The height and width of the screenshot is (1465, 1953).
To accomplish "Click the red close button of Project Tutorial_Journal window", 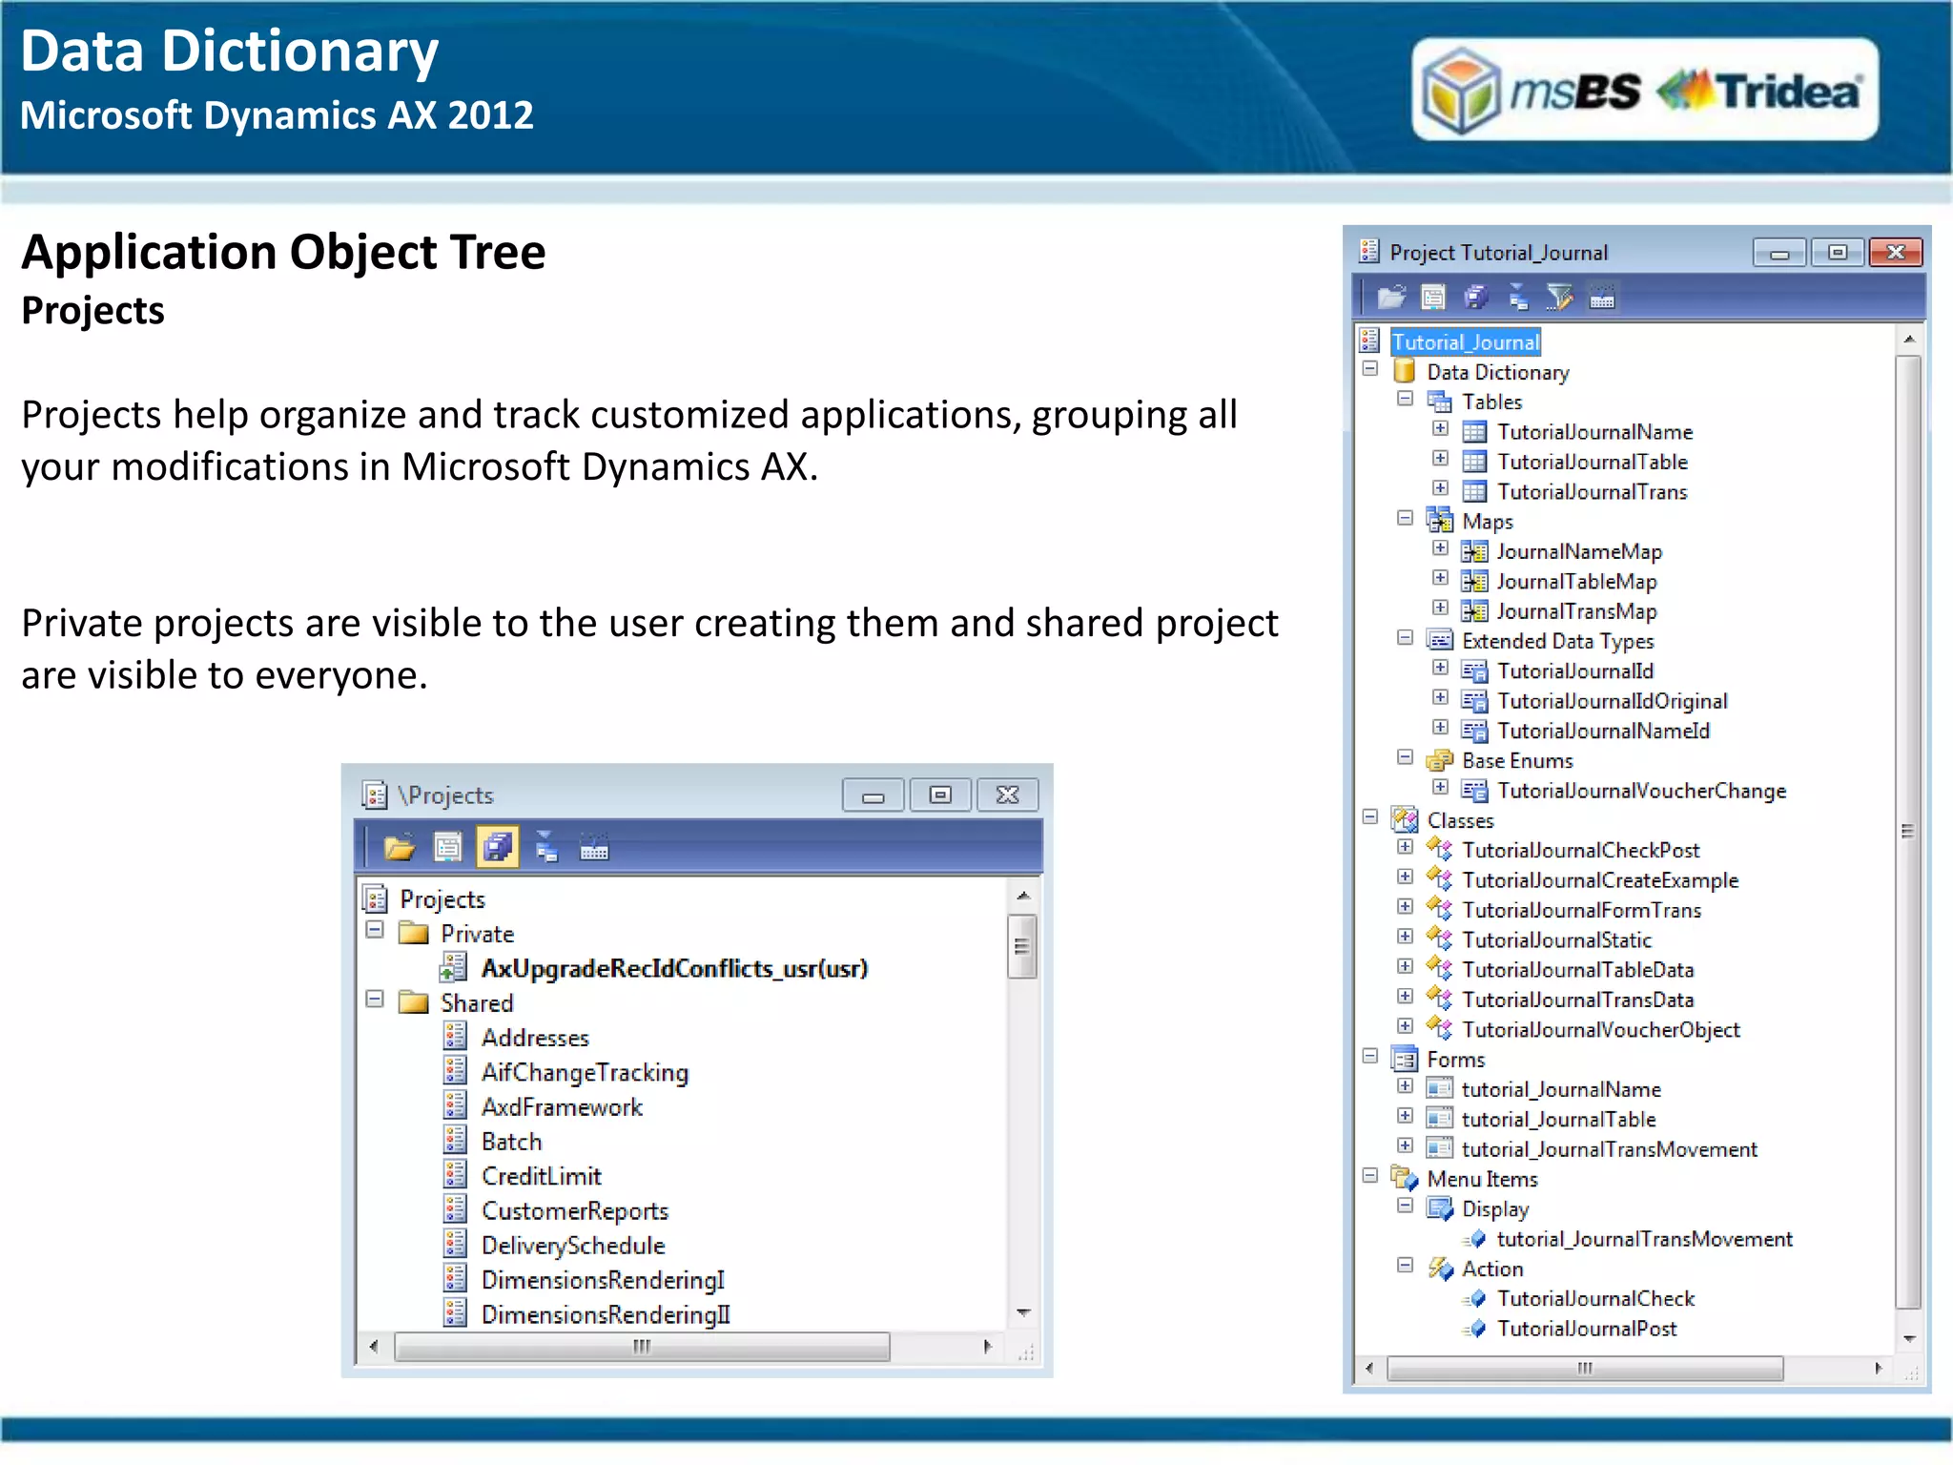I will (x=1895, y=253).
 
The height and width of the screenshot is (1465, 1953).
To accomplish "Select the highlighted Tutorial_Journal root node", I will (x=1465, y=342).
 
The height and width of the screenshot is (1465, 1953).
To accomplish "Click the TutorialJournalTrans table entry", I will (x=1592, y=492).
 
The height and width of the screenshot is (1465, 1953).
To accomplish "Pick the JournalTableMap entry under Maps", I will (x=1575, y=582).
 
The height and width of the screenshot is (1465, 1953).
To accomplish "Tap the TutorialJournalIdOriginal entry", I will (x=1612, y=701).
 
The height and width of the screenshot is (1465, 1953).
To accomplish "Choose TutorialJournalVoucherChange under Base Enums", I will (x=1641, y=791).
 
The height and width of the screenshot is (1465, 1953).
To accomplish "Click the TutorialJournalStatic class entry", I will (x=1556, y=940).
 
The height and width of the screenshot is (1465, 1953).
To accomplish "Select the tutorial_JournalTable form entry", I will (x=1558, y=1120).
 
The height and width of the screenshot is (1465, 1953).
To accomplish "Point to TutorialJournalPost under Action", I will (x=1586, y=1329).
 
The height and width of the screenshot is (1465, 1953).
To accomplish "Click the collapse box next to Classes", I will (x=1370, y=817).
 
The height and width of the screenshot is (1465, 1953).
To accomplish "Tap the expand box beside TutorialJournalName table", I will (x=1440, y=429).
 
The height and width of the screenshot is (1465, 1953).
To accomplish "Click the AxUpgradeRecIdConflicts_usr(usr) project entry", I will (x=674, y=969).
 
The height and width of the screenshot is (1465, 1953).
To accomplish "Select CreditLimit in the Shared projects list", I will (x=541, y=1177).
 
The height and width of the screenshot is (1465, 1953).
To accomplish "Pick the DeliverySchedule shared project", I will (x=572, y=1246).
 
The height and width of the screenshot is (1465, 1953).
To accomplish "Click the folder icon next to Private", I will (x=414, y=933).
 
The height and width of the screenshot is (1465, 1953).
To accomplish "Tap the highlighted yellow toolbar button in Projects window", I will (x=497, y=847).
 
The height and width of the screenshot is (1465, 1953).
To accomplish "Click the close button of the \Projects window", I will (x=1007, y=794).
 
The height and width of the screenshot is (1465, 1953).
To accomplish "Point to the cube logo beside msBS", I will (x=1460, y=91).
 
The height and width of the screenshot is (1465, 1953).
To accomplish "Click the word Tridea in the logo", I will (x=1788, y=92).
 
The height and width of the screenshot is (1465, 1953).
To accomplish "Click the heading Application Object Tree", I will (x=283, y=253).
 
